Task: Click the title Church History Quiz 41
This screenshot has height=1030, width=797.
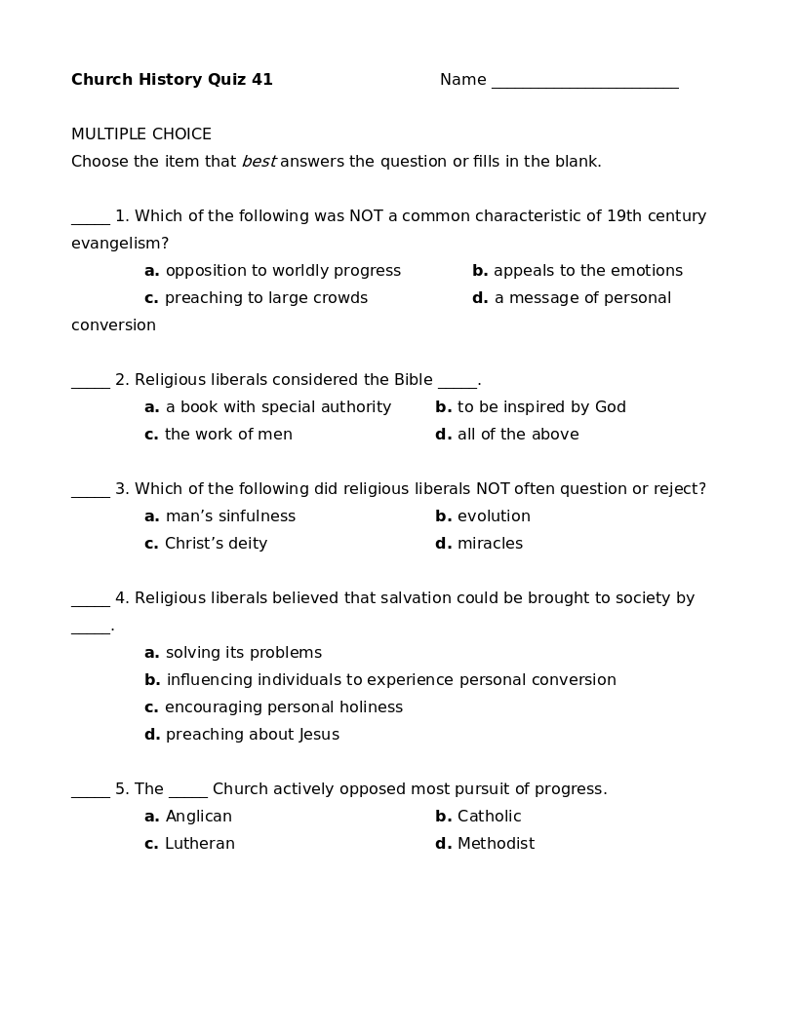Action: click(172, 80)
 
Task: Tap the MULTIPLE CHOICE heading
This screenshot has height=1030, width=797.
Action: click(141, 134)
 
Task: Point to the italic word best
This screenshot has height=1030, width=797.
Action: click(259, 162)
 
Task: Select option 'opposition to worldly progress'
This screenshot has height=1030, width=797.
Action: click(283, 271)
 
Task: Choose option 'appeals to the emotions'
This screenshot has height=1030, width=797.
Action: click(587, 271)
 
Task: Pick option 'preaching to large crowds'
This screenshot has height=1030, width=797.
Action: click(265, 298)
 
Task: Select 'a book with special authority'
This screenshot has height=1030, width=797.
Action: click(278, 407)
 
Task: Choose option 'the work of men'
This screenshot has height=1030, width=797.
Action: click(228, 435)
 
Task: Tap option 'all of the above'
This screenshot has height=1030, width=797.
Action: click(518, 435)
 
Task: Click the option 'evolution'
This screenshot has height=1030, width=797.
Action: click(494, 516)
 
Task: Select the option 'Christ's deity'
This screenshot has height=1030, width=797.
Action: click(216, 544)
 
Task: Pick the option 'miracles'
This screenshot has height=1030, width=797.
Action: click(490, 544)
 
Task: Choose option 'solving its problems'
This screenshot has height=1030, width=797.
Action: click(243, 653)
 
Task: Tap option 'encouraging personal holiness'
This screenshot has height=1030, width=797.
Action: click(283, 707)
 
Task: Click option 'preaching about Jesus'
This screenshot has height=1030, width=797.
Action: click(252, 735)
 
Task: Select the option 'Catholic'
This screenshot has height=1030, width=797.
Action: click(489, 817)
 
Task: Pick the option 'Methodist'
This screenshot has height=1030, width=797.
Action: click(496, 844)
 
